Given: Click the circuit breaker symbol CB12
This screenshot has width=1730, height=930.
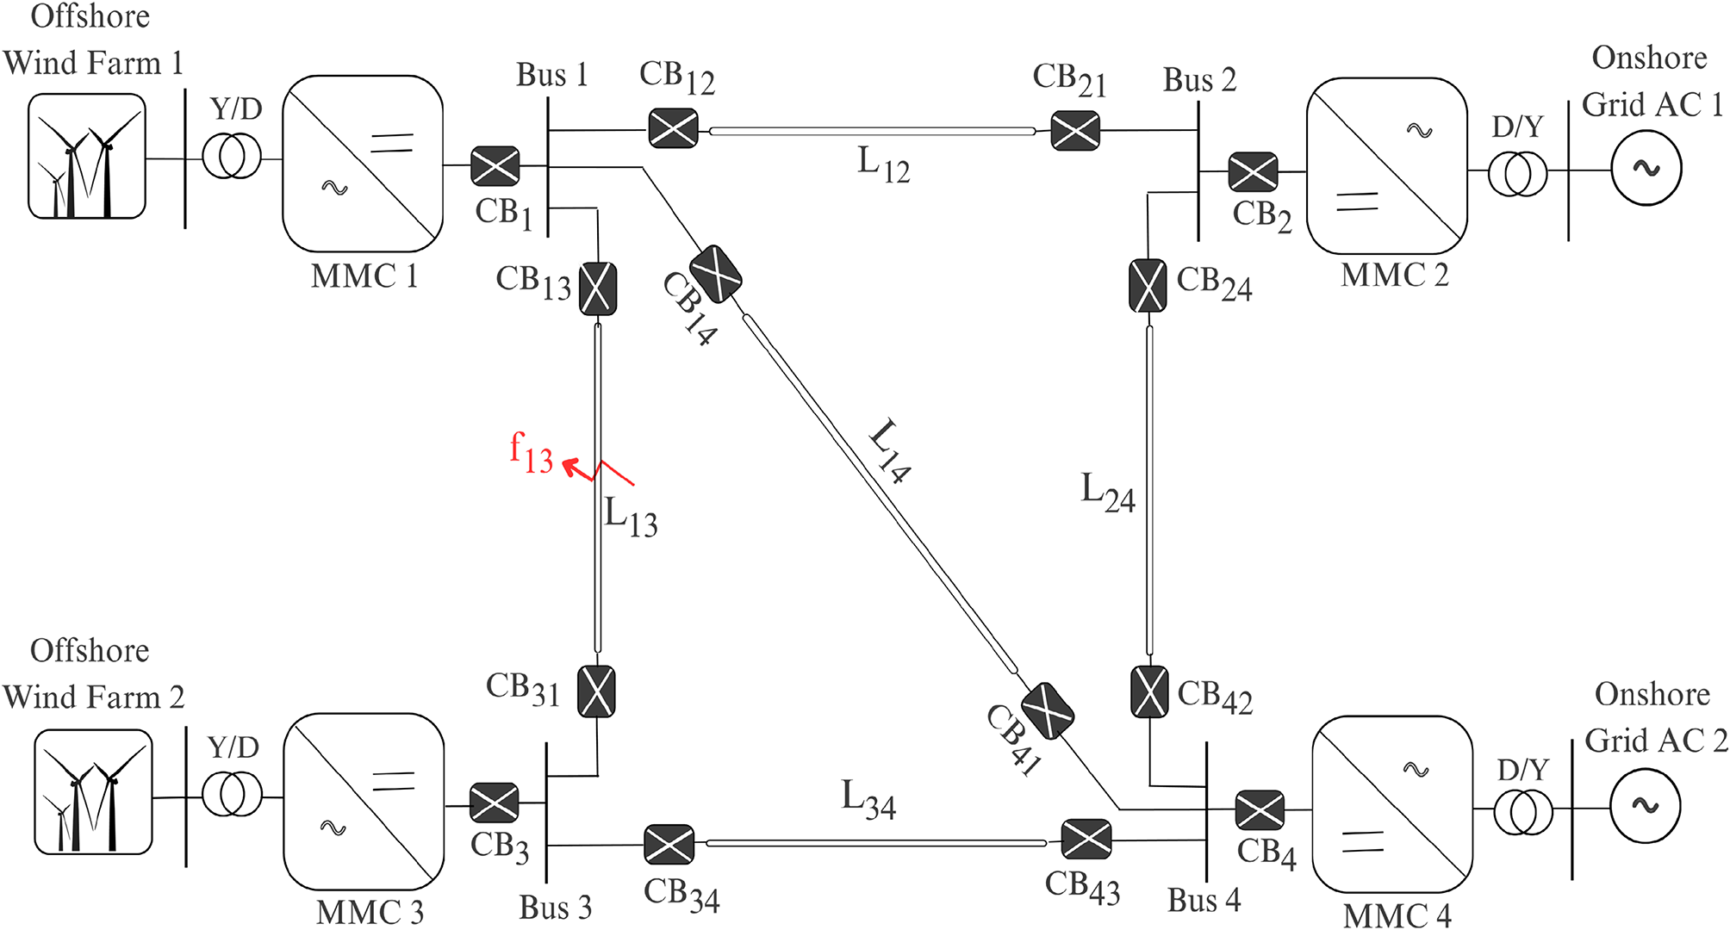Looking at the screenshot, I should pyautogui.click(x=673, y=129).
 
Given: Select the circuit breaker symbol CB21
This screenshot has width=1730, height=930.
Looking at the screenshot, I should pyautogui.click(x=1075, y=131).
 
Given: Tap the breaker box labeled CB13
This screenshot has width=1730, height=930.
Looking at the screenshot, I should pyautogui.click(x=598, y=288).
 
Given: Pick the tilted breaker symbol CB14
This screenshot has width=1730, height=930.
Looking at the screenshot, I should pyautogui.click(x=716, y=274).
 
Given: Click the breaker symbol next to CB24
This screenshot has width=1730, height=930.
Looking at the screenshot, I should pyautogui.click(x=1148, y=286).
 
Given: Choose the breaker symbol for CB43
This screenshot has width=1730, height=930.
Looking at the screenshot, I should pyautogui.click(x=1086, y=840).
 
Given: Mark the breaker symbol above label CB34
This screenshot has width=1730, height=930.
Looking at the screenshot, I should pyautogui.click(x=669, y=845).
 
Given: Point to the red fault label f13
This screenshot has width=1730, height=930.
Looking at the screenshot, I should pyautogui.click(x=531, y=453).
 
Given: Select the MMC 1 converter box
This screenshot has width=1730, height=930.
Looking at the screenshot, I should pyautogui.click(x=363, y=164).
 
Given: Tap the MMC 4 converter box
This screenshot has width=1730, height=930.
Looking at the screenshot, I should pyautogui.click(x=1391, y=804).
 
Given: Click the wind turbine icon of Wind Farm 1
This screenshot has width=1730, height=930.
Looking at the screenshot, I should pyautogui.click(x=87, y=156).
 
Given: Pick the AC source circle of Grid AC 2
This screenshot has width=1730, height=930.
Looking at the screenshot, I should pyautogui.click(x=1646, y=806).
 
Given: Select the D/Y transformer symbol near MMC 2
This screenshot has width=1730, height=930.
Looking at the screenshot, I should pyautogui.click(x=1517, y=174).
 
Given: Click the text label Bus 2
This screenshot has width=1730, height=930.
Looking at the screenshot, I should pyautogui.click(x=1199, y=80).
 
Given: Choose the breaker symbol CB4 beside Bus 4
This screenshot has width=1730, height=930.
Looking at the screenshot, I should pyautogui.click(x=1260, y=809).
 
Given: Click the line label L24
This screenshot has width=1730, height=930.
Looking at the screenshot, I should pyautogui.click(x=1108, y=493).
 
